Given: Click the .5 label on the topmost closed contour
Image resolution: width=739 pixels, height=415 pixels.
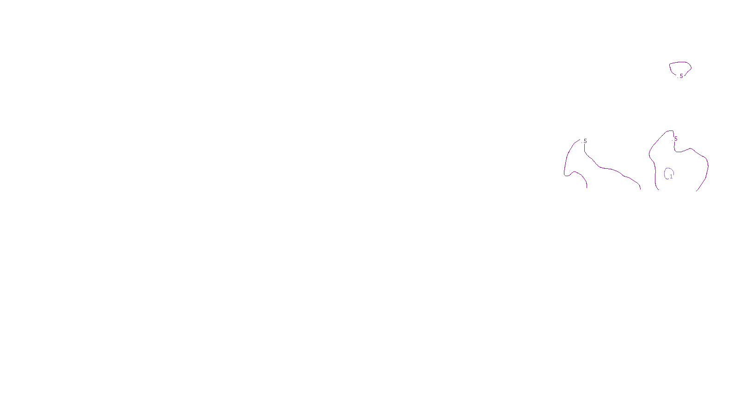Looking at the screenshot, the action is [681, 76].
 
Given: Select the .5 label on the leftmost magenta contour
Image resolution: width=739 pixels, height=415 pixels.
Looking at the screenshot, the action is [585, 141].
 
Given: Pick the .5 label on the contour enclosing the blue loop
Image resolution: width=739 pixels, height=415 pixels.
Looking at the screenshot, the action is [675, 139].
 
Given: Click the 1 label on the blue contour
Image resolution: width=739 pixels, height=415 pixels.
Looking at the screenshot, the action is [671, 177].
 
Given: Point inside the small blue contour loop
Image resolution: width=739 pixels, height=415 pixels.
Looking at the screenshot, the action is [668, 173].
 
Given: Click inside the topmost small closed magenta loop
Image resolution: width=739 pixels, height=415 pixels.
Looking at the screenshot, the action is [680, 68].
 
